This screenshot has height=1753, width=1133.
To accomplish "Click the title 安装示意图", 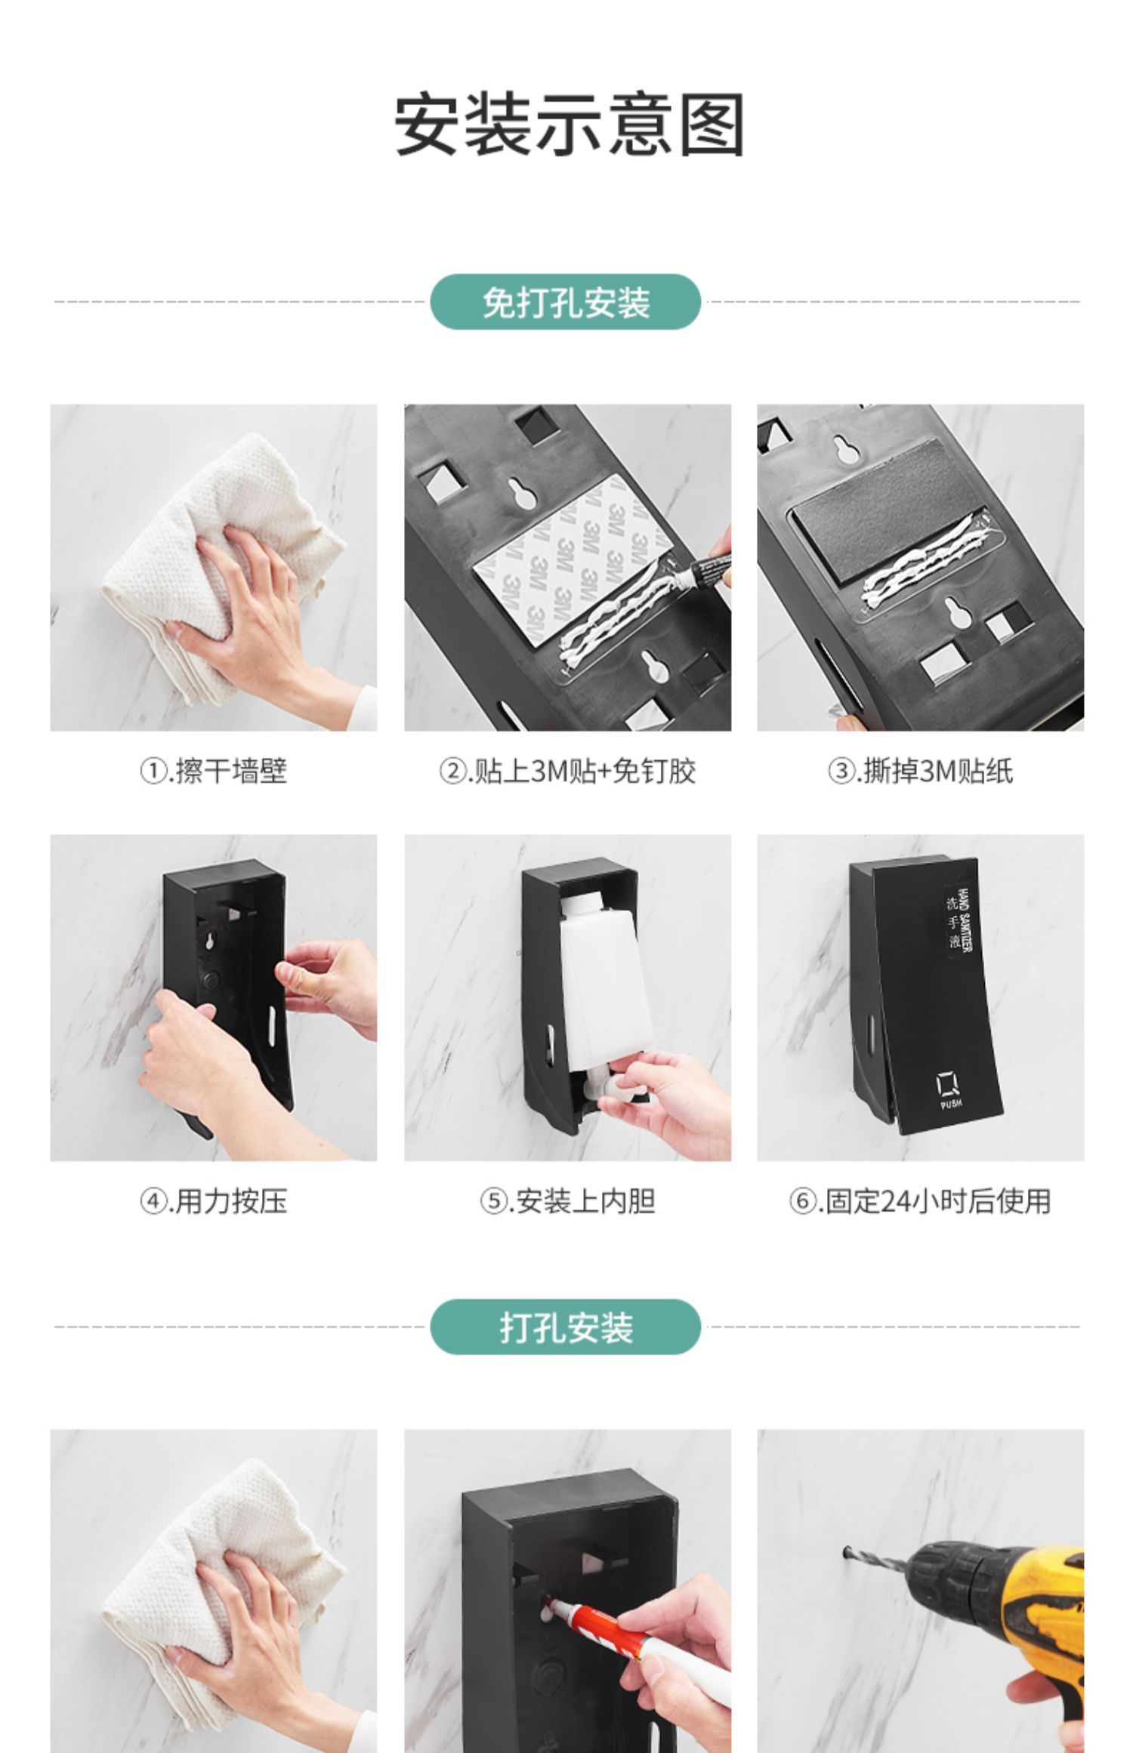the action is click(x=570, y=125).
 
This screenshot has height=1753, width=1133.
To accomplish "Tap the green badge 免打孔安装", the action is click(x=566, y=302).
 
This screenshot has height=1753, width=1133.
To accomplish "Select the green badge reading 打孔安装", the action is click(x=566, y=1326).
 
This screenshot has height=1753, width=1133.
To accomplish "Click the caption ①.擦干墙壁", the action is click(x=213, y=772).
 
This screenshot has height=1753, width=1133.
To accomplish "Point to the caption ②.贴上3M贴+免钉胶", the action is click(x=567, y=772).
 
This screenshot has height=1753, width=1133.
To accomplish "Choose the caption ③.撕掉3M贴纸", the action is click(x=920, y=772).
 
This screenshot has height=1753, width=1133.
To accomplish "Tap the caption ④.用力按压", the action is click(x=213, y=1201).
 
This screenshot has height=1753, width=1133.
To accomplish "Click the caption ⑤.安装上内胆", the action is click(x=567, y=1201).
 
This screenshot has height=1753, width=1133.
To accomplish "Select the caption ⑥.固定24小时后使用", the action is click(x=920, y=1201).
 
